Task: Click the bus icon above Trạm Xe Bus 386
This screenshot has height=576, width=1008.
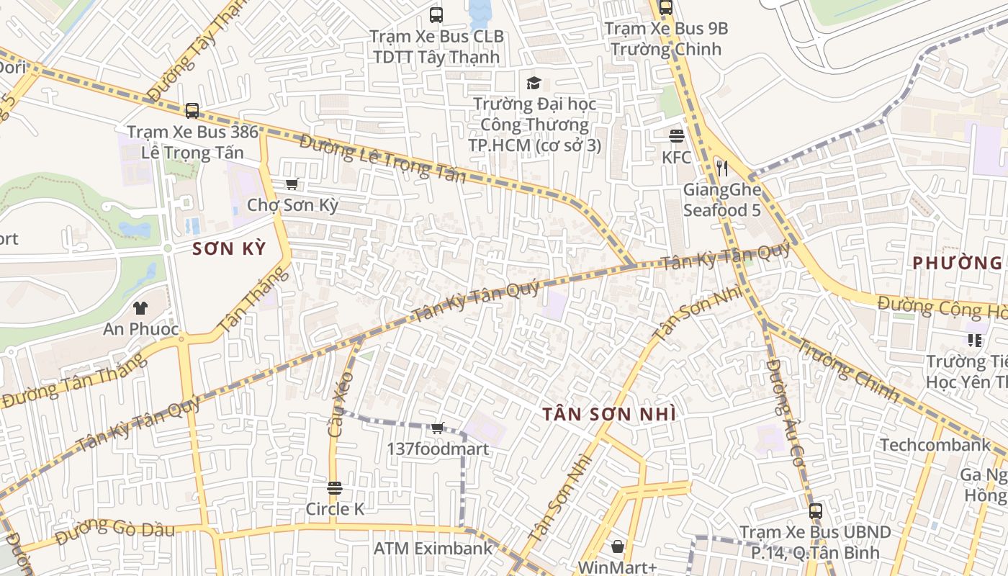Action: (192, 111)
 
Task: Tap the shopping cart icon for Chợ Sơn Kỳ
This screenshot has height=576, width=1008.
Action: (292, 184)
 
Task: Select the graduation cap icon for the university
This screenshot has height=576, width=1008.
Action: (534, 83)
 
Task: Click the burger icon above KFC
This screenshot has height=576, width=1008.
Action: (676, 135)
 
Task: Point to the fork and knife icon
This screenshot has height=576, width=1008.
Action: (722, 168)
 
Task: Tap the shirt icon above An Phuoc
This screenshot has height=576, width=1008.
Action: (140, 308)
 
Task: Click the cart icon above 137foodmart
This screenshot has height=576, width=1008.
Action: (437, 428)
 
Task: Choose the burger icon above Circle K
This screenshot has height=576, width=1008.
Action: (335, 488)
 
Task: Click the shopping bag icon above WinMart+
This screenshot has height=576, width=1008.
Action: (617, 546)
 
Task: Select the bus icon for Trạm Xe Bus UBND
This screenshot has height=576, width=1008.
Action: (815, 511)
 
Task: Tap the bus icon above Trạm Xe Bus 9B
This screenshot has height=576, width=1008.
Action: (666, 8)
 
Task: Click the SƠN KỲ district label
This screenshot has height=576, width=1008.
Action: (230, 249)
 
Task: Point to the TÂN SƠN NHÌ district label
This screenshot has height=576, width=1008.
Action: (609, 414)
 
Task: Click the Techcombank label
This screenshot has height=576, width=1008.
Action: (935, 445)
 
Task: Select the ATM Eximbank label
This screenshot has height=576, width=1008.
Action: (433, 549)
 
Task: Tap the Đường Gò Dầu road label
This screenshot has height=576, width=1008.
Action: (115, 529)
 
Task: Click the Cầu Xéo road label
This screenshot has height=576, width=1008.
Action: (340, 405)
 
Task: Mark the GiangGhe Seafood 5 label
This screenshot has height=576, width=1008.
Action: (722, 200)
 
